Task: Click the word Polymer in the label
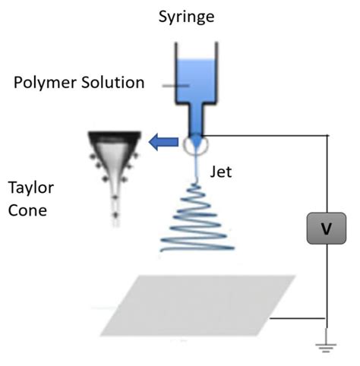tap(45, 82)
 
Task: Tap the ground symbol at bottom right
tap(327, 347)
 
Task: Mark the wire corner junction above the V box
tap(327, 137)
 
